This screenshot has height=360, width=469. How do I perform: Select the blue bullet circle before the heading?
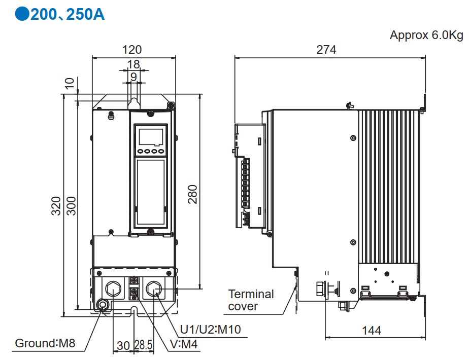[x=21, y=14]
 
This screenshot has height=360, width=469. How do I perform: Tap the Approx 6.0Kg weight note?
[x=426, y=35]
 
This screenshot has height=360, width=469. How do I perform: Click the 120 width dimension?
[x=132, y=50]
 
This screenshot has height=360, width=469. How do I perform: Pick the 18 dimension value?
[x=133, y=64]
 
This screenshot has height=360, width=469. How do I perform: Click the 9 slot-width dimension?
[x=133, y=77]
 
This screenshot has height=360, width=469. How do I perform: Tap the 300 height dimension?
[x=71, y=205]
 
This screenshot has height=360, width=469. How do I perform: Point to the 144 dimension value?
[x=372, y=331]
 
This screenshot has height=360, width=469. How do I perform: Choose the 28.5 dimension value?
[x=144, y=346]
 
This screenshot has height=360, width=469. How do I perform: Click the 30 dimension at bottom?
[x=123, y=346]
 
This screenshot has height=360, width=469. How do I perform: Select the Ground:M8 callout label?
[x=45, y=343]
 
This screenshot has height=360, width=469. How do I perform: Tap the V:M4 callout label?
[x=185, y=345]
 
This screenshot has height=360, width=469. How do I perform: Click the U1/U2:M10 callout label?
[x=211, y=330]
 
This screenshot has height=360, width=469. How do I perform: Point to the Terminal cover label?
[x=251, y=300]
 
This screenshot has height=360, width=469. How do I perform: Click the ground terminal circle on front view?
[x=103, y=305]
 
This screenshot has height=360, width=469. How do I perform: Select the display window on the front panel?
[x=150, y=136]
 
